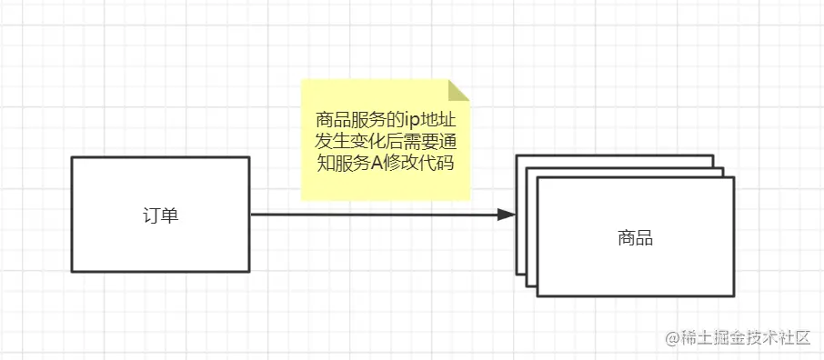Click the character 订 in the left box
click(151, 215)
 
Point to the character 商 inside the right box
click(626, 238)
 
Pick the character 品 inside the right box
click(645, 238)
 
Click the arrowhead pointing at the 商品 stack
click(507, 215)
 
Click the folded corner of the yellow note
click(461, 89)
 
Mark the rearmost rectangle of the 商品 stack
click(618, 160)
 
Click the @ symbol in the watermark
click(672, 338)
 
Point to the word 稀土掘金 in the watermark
click(708, 338)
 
